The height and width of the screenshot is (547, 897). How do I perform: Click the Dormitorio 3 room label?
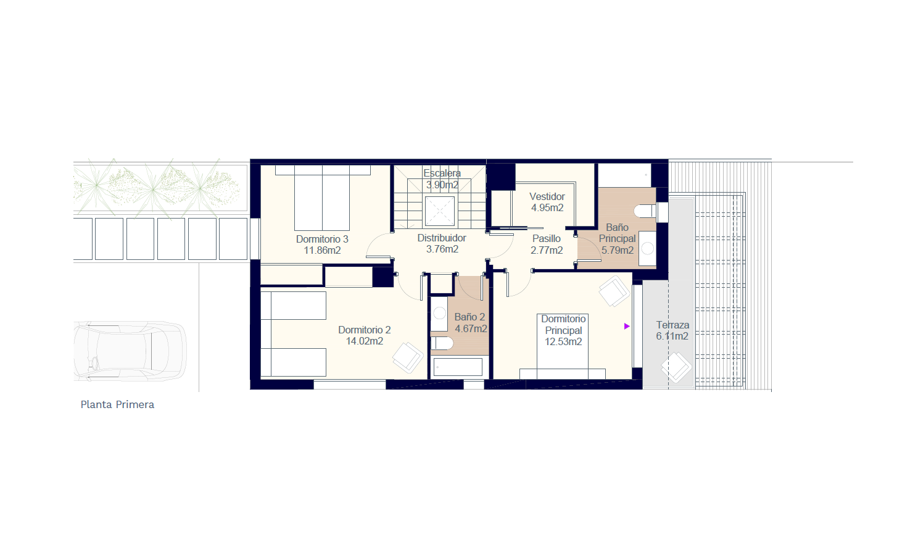tap(322, 240)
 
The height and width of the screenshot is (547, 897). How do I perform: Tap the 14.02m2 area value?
tap(365, 341)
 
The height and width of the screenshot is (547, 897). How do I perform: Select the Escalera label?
tap(442, 173)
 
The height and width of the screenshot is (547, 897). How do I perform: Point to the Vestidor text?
tap(547, 196)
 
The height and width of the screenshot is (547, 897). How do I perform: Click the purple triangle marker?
tap(627, 326)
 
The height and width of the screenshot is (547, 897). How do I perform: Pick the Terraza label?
tap(672, 325)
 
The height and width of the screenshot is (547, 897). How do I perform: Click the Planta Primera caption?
tap(117, 405)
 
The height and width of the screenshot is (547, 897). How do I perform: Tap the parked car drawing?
tap(130, 351)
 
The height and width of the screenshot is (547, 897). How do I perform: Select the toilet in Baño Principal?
tap(645, 211)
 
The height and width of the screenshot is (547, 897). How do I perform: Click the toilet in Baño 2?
tap(442, 343)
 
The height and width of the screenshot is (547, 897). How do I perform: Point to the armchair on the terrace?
tap(676, 367)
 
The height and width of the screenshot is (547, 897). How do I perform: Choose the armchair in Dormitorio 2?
tap(408, 357)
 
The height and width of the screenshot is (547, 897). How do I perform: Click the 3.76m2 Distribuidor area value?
tap(442, 249)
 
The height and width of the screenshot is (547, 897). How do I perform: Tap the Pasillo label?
tap(547, 239)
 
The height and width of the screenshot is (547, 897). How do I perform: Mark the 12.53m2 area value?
tap(563, 342)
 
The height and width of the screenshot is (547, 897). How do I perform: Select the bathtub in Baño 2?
tap(458, 367)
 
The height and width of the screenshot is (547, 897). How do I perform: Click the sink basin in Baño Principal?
tap(648, 248)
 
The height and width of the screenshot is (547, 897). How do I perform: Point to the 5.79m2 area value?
tap(618, 251)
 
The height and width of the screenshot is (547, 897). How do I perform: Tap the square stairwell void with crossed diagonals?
tap(440, 211)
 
